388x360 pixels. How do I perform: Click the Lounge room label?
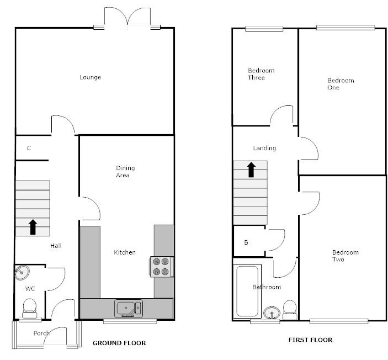pos(91,77)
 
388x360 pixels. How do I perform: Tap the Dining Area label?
pos(125,172)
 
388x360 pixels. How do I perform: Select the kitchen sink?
pos(129,307)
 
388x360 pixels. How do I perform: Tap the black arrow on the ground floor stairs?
pos(33,226)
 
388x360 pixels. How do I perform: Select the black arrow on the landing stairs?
pos(251,169)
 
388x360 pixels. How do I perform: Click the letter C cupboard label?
pos(29,148)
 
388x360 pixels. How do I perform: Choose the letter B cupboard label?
pos(246,242)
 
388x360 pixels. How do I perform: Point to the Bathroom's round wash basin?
pos(271,313)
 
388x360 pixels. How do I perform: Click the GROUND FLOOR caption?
pos(119,343)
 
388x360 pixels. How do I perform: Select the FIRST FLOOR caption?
pos(311,340)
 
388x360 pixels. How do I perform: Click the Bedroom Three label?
pos(261,74)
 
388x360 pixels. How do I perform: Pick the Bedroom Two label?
pos(345,256)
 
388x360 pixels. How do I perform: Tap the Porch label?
pos(41,333)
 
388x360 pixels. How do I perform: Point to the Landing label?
pos(264,148)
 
